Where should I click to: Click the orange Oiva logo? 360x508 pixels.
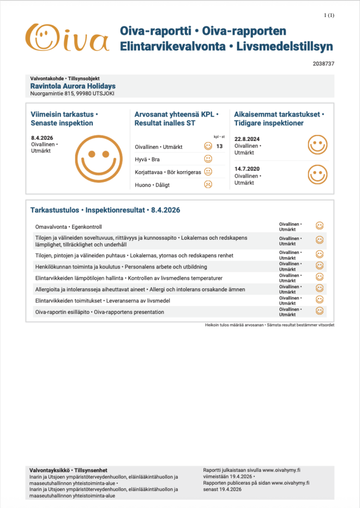click(67, 38)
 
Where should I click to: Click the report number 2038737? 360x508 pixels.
click(324, 64)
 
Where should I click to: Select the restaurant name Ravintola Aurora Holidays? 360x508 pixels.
click(73, 86)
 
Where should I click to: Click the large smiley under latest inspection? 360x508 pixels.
click(102, 157)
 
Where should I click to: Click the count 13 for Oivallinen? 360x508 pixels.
click(219, 146)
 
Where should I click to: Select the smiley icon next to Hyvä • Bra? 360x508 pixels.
click(208, 159)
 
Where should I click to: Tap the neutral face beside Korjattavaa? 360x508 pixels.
click(208, 172)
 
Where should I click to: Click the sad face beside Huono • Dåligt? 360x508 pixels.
click(208, 184)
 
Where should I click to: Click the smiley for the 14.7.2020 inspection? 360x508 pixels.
click(317, 174)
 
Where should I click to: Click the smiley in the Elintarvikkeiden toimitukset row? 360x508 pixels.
click(320, 300)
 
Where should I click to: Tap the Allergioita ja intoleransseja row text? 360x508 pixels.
click(140, 289)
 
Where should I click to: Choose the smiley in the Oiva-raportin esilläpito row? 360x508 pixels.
click(320, 312)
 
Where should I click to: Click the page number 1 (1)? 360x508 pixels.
click(329, 15)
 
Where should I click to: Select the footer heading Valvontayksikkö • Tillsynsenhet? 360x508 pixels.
click(68, 470)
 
